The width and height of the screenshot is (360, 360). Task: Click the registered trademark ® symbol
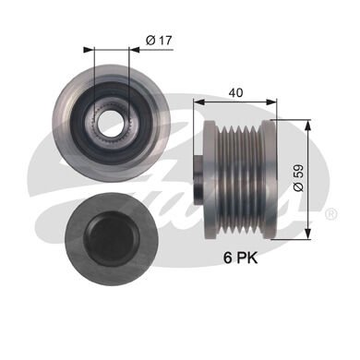(330, 213)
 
